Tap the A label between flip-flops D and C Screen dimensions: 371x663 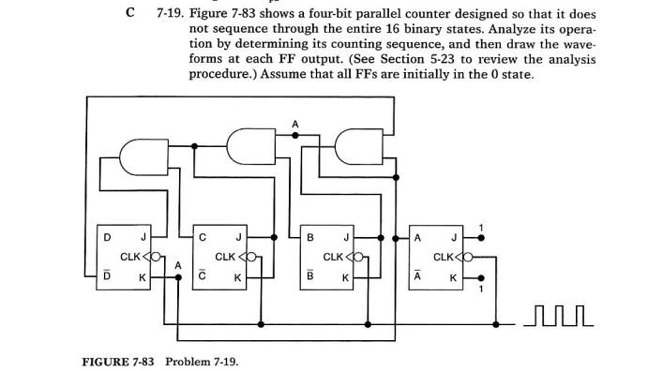(x=177, y=265)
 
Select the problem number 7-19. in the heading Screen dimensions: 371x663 (x=169, y=15)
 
